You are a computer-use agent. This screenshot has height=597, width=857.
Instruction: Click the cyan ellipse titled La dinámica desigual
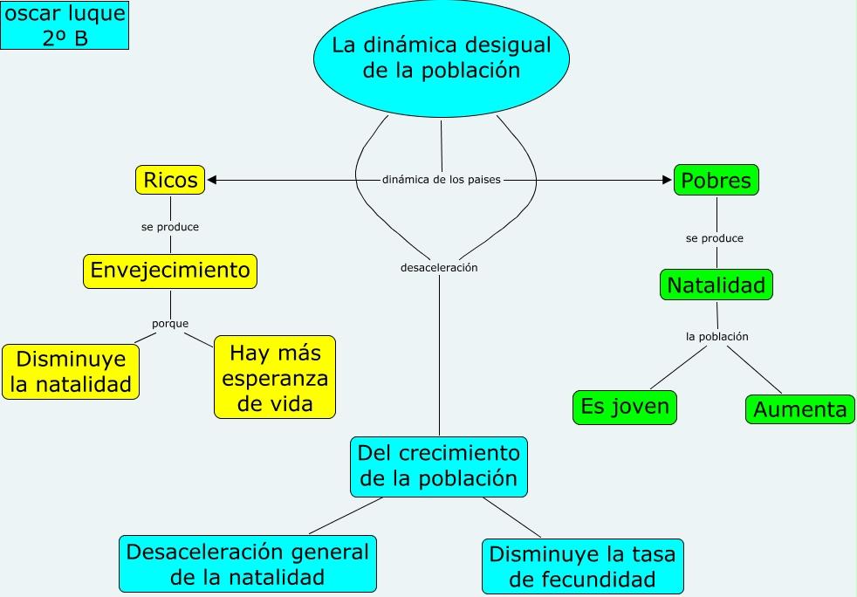(441, 58)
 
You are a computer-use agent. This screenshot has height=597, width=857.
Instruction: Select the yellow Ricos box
(170, 180)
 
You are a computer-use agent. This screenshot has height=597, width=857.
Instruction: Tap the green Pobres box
(716, 180)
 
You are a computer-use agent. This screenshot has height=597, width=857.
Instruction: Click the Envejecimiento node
(170, 271)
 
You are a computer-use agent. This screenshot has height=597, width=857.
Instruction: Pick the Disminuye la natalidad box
(71, 372)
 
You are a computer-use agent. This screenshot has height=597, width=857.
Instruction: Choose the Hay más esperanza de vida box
(275, 378)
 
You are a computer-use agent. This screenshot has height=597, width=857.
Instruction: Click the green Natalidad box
(716, 285)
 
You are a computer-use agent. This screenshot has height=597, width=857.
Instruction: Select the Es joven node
(625, 407)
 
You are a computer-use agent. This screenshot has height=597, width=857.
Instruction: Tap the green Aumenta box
(799, 409)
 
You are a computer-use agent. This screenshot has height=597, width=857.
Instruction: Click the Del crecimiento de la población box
(439, 466)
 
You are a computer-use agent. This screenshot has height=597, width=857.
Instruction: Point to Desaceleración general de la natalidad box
(247, 564)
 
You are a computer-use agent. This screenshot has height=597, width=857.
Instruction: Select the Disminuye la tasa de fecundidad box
(583, 566)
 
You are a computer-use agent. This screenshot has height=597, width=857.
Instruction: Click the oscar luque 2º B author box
(65, 25)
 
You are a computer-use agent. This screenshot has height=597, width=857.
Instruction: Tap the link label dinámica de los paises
(441, 180)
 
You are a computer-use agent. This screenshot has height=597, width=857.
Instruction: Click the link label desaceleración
(439, 268)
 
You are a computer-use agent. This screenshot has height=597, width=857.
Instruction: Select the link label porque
(170, 324)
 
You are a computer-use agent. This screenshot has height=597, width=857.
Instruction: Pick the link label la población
(717, 336)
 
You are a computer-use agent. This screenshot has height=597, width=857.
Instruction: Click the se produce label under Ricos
(170, 227)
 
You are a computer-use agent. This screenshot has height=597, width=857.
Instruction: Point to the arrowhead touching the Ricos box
(212, 180)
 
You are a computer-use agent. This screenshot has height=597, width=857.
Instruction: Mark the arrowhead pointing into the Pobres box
(668, 180)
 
